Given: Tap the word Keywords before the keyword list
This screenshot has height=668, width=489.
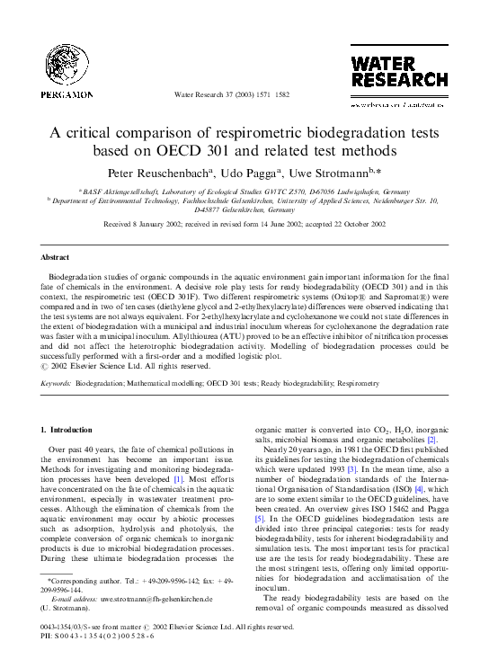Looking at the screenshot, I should (x=57, y=382).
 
